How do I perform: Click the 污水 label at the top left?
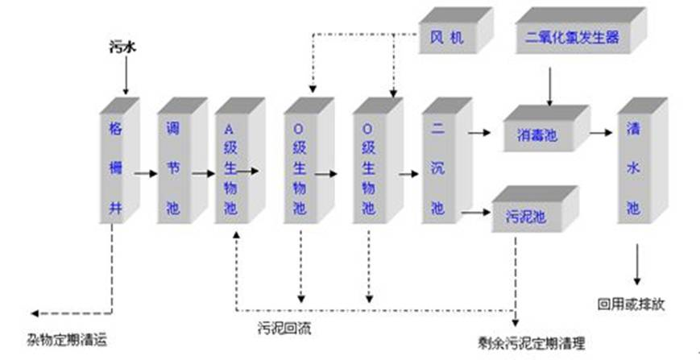[x=122, y=48]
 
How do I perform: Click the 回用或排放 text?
[x=630, y=304]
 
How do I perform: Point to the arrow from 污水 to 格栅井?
[x=126, y=78]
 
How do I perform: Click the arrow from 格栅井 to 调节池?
[x=145, y=172]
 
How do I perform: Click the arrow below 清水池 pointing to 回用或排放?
[x=637, y=263]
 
